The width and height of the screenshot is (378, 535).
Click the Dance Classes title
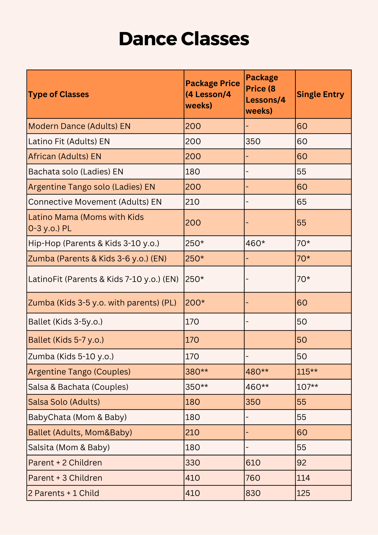pyautogui.click(x=184, y=39)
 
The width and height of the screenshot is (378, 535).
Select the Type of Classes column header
pyautogui.click(x=59, y=94)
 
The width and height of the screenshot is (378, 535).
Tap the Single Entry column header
pyautogui.click(x=320, y=94)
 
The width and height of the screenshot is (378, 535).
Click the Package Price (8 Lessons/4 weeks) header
pyautogui.click(x=265, y=94)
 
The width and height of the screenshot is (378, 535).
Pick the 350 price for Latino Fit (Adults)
pyautogui.click(x=253, y=141)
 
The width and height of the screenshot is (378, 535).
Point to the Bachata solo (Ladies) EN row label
pyautogui.click(x=76, y=171)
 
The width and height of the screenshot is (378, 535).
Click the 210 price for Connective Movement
pyautogui.click(x=192, y=202)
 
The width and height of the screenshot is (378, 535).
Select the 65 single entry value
pyautogui.click(x=302, y=202)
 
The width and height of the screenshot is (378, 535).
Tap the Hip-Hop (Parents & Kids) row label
pyautogui.click(x=94, y=243)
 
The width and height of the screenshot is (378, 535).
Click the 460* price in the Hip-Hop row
pyautogui.click(x=255, y=243)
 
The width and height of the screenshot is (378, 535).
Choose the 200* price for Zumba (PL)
pyautogui.click(x=195, y=303)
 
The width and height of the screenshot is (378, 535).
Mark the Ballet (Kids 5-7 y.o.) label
pyautogui.click(x=66, y=340)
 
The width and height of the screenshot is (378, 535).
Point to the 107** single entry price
pyautogui.click(x=307, y=387)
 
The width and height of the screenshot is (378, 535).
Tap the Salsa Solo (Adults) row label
pyautogui.click(x=64, y=402)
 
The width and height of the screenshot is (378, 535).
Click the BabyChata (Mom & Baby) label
pyautogui.click(x=78, y=417)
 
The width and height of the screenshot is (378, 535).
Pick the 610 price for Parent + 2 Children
pyautogui.click(x=253, y=463)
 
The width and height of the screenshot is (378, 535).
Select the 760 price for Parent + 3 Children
pyautogui.click(x=253, y=478)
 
